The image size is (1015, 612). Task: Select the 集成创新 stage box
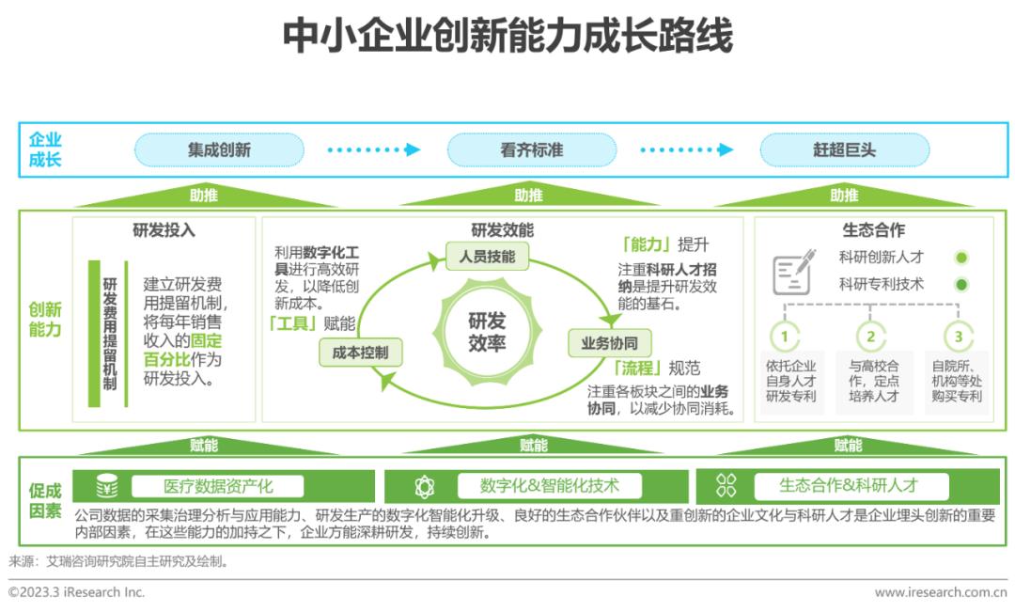tap(219, 149)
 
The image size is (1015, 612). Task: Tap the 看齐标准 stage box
tap(531, 149)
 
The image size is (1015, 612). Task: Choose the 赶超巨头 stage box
tap(844, 149)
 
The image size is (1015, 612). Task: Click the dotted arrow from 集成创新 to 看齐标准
tap(374, 149)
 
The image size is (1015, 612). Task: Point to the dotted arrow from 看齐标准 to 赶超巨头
tap(686, 149)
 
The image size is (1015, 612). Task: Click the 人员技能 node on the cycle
tap(487, 257)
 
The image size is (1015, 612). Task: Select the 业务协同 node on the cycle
tap(609, 343)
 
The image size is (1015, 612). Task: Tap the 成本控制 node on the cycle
tap(360, 352)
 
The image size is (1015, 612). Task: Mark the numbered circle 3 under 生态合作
tap(958, 337)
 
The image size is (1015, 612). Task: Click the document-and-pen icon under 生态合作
tap(792, 274)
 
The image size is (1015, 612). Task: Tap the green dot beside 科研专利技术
tap(961, 284)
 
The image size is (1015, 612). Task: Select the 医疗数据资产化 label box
tap(217, 486)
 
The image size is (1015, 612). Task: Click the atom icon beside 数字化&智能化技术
tap(425, 487)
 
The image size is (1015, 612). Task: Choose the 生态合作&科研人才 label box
tap(848, 486)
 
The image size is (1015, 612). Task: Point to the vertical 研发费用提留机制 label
tap(110, 334)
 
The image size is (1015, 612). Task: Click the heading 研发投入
tap(164, 229)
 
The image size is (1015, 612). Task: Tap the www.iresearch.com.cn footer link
tap(940, 592)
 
